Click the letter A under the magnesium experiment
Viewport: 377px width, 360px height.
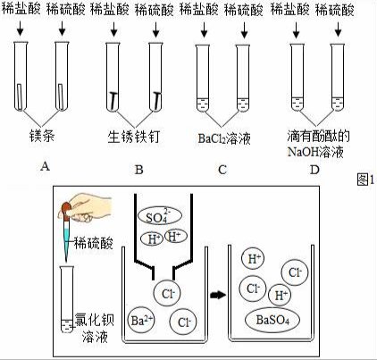point(45,166)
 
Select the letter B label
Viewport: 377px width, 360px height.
point(139,170)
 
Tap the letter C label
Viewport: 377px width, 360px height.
point(222,170)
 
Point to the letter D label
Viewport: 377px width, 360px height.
point(314,170)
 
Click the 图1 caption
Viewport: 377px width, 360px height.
point(365,180)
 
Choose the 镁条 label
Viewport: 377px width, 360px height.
point(42,136)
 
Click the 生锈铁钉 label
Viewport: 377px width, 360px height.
point(134,137)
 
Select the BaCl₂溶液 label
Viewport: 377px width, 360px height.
point(224,138)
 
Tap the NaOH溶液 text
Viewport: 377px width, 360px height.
point(315,152)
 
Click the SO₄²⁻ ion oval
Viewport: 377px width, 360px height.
point(159,216)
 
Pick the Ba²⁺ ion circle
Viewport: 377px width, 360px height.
point(141,321)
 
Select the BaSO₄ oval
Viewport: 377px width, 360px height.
point(272,320)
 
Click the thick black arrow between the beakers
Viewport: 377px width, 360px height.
point(218,295)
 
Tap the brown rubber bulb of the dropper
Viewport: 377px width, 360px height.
point(66,209)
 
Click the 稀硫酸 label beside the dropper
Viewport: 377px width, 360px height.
point(94,243)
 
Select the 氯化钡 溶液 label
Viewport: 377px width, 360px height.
point(95,328)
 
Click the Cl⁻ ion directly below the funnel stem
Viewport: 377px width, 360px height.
point(167,293)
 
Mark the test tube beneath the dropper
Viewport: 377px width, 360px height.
point(67,299)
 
